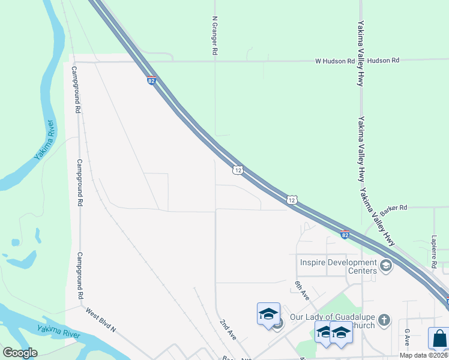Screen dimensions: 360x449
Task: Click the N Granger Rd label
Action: coord(214,36)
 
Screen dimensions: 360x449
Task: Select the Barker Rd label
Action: coord(394,208)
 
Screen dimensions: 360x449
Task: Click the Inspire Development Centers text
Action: coord(337,266)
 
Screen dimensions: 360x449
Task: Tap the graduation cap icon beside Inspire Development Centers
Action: coord(385,266)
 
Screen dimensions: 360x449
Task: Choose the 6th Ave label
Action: coord(301,291)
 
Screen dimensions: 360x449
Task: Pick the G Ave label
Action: coord(407,337)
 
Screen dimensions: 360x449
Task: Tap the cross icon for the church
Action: coord(385,320)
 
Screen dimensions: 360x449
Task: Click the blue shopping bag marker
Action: coord(439,338)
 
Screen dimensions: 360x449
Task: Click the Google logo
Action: coord(20,353)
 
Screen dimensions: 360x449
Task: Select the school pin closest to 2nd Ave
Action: coord(269,314)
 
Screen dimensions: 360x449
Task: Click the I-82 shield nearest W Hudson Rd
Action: coord(151,80)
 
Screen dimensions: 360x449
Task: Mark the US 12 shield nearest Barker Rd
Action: coord(291,199)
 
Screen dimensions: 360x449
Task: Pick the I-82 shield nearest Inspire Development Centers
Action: coord(345,234)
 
